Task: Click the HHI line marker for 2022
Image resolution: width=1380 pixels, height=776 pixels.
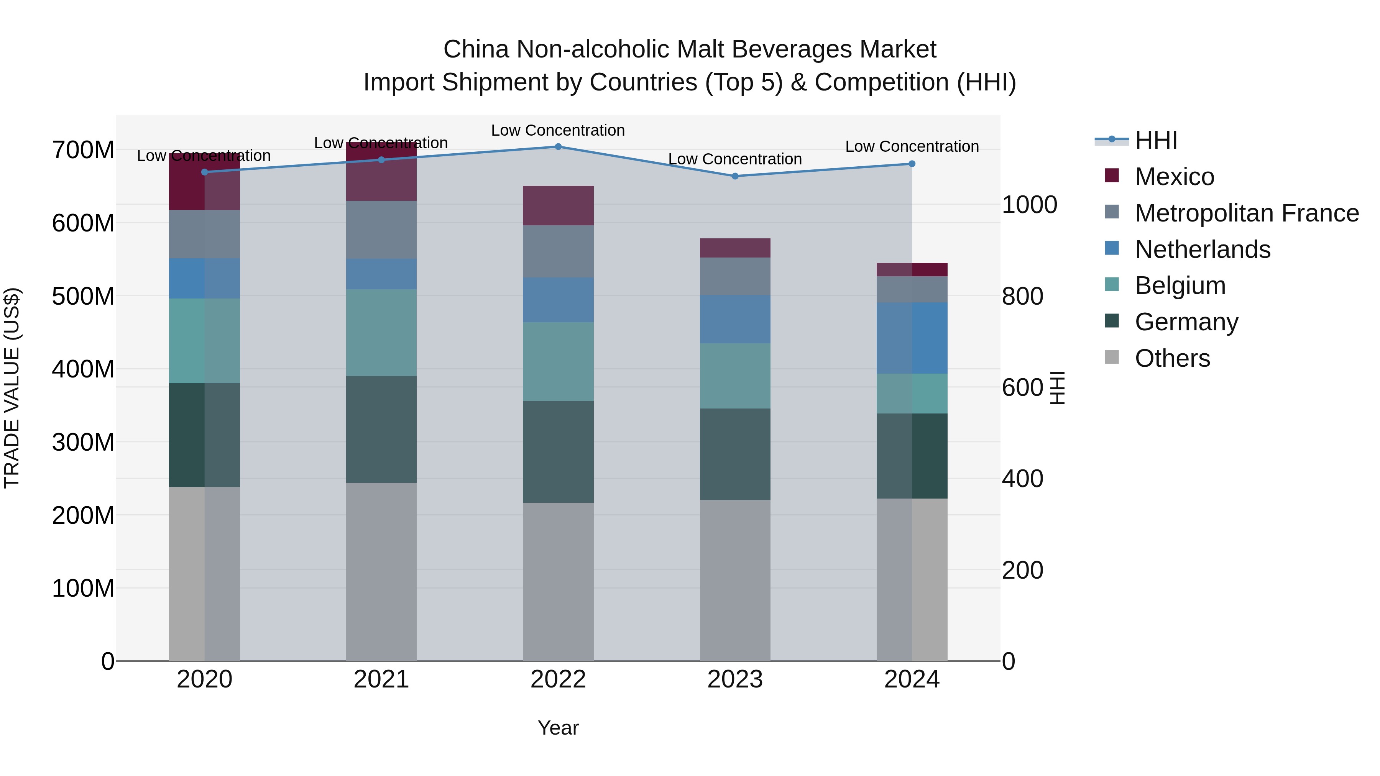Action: pos(558,147)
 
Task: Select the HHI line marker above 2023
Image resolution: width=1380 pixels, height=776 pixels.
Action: pos(735,176)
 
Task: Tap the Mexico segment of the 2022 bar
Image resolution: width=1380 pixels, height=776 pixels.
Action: pos(558,206)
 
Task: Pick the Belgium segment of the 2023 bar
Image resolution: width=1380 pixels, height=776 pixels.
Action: pos(735,376)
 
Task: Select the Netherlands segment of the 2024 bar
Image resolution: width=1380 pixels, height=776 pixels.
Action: pos(912,338)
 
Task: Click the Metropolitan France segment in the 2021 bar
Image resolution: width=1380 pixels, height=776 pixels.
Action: pos(381,230)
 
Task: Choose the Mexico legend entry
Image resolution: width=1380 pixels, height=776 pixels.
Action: pos(1174,177)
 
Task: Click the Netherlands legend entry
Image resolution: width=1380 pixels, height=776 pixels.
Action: pos(1202,249)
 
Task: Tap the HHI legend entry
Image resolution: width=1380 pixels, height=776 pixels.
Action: pos(1155,140)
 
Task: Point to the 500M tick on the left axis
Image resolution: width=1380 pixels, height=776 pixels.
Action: pos(83,296)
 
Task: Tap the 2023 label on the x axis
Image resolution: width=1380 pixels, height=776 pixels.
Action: pos(735,679)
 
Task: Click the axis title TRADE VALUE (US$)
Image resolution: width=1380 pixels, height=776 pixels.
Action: pos(12,388)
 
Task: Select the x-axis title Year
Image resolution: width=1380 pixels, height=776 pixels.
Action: pos(558,728)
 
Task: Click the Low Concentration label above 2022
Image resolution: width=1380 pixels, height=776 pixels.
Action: pos(558,130)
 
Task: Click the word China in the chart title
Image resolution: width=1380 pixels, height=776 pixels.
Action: pos(476,49)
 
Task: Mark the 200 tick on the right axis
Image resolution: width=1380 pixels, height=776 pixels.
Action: pos(1022,570)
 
